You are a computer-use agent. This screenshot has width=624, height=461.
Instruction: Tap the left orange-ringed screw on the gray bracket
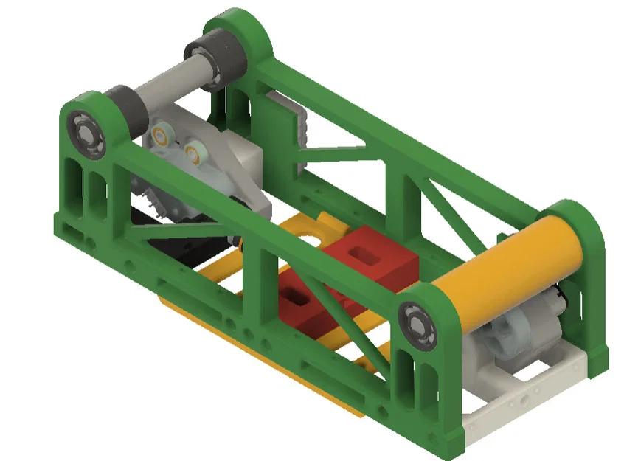pyautogui.click(x=162, y=134)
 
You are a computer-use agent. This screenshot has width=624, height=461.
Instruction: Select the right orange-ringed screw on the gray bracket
pyautogui.click(x=195, y=153)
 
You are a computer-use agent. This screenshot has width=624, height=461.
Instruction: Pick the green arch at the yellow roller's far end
pyautogui.click(x=579, y=221)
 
